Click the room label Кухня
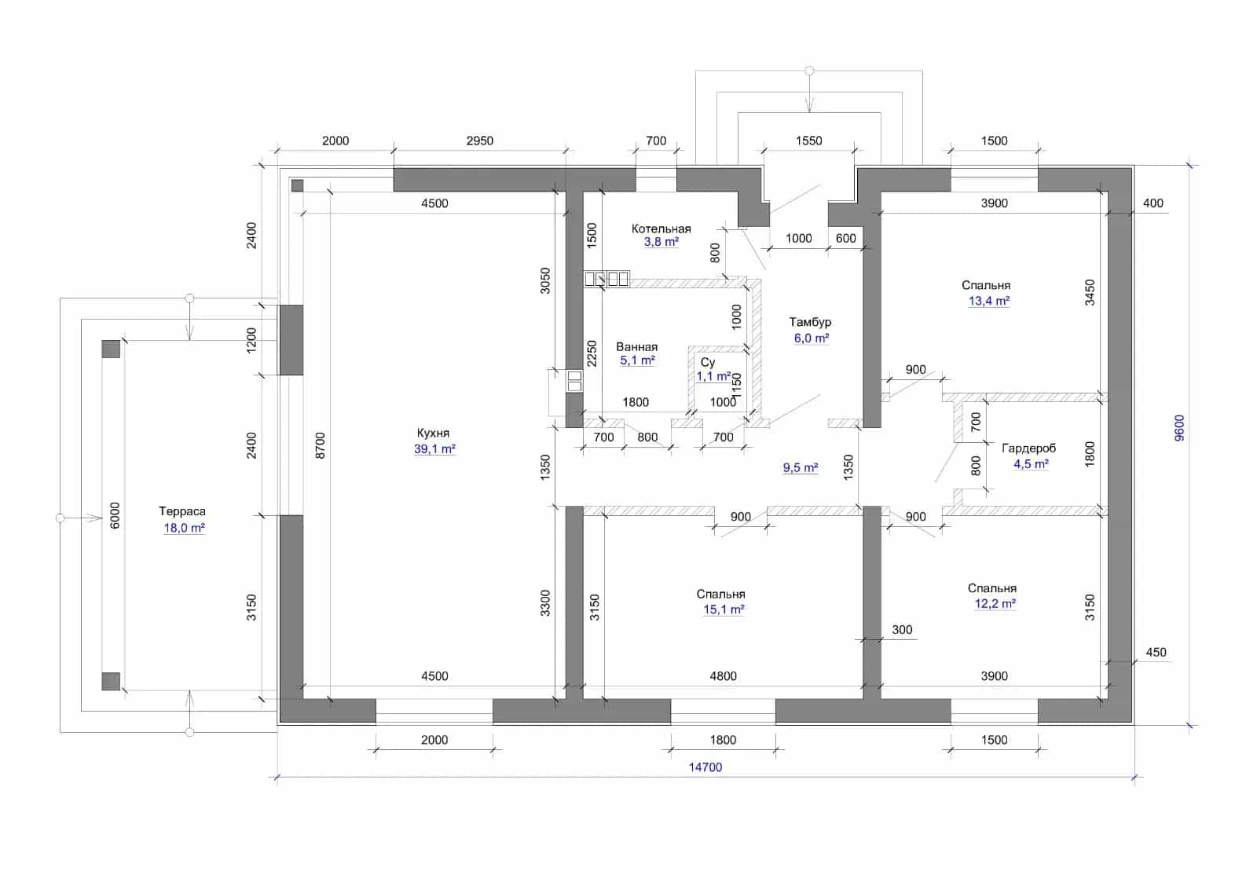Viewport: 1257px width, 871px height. pos(433,433)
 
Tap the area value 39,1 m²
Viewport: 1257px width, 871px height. pos(434,448)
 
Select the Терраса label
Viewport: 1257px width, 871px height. pos(181,511)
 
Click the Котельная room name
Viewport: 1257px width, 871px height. pos(661,229)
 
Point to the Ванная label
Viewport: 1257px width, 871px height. pos(637,346)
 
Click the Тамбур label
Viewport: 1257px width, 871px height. pos(810,322)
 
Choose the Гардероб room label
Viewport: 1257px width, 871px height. pos(1028,448)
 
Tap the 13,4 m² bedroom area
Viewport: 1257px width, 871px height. pos(989,301)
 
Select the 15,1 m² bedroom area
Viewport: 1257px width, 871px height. pos(724,609)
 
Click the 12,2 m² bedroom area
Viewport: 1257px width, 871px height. pos(995,603)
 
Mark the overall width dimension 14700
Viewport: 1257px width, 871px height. pos(705,767)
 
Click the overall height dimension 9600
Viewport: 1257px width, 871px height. pos(1179,428)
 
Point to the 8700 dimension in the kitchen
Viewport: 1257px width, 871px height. pos(320,445)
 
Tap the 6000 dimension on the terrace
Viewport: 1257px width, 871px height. pos(115,515)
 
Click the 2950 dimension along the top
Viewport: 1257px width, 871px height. pos(480,141)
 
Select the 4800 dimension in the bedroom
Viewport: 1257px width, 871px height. pos(723,676)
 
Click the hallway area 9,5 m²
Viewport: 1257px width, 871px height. pos(801,468)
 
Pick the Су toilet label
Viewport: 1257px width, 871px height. pos(708,362)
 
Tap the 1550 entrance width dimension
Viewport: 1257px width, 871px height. pos(808,141)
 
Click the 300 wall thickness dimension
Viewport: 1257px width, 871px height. pos(902,630)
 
